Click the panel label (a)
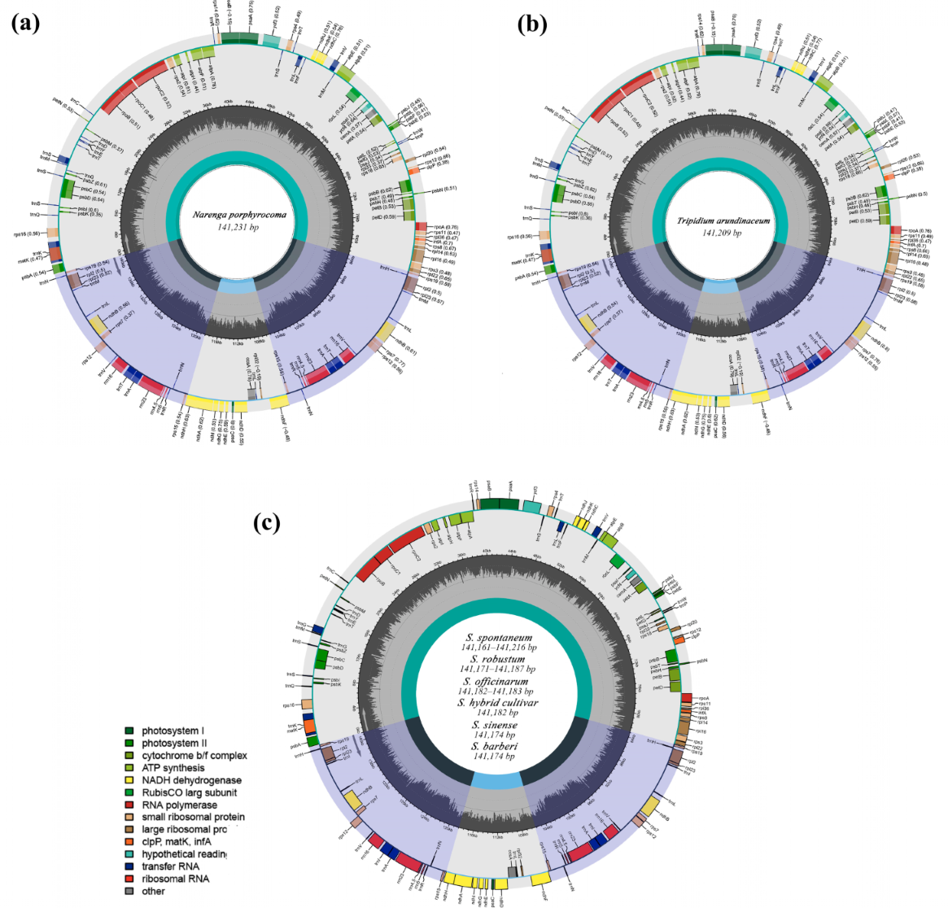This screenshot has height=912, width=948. pyautogui.click(x=25, y=24)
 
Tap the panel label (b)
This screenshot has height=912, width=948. pyautogui.click(x=531, y=24)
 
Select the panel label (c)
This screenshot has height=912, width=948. pyautogui.click(x=267, y=521)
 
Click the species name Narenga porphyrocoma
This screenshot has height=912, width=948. pyautogui.click(x=239, y=216)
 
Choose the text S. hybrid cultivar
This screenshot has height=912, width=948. pyautogui.click(x=497, y=702)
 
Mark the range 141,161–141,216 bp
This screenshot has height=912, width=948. pyautogui.click(x=499, y=648)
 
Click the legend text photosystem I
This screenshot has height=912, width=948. pyautogui.click(x=173, y=731)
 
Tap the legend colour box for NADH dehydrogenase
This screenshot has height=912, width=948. pyautogui.click(x=129, y=780)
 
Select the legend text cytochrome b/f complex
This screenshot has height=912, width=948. pyautogui.click(x=194, y=755)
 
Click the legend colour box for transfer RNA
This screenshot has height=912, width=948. pyautogui.click(x=129, y=866)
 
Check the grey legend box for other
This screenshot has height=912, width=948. pyautogui.click(x=129, y=891)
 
